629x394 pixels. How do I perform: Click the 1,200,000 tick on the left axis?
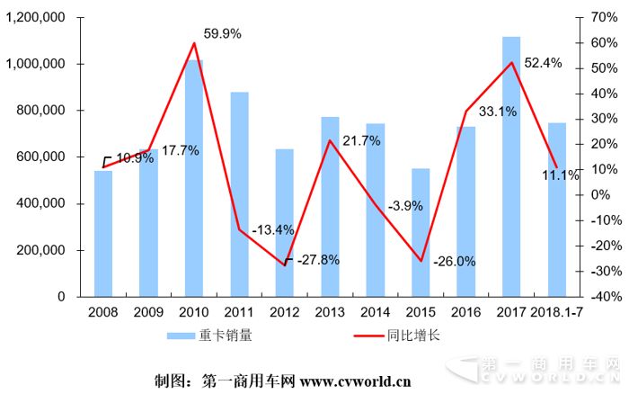click(x=35, y=18)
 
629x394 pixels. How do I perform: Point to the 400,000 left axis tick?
click(x=40, y=203)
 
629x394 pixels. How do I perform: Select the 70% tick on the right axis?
click(x=601, y=18)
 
